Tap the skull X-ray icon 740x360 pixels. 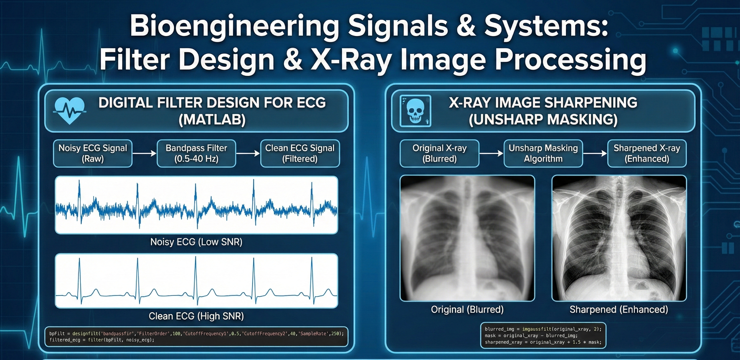click(415, 111)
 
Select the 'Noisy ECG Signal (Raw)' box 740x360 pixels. click(93, 153)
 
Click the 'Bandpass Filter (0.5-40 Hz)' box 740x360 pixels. click(196, 153)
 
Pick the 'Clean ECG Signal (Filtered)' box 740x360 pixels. click(300, 153)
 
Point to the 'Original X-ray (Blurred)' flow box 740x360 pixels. click(439, 153)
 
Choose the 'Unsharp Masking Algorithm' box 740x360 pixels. click(543, 153)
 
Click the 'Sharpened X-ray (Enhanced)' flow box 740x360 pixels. click(647, 153)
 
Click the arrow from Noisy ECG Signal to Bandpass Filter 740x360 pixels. click(145, 153)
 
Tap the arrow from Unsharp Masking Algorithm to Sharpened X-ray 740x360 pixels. click(595, 153)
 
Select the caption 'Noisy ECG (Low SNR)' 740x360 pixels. click(196, 242)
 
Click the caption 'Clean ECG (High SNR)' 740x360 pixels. click(196, 316)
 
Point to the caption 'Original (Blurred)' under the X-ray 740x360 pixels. click(467, 310)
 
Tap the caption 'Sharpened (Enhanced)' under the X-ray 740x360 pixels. click(619, 310)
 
